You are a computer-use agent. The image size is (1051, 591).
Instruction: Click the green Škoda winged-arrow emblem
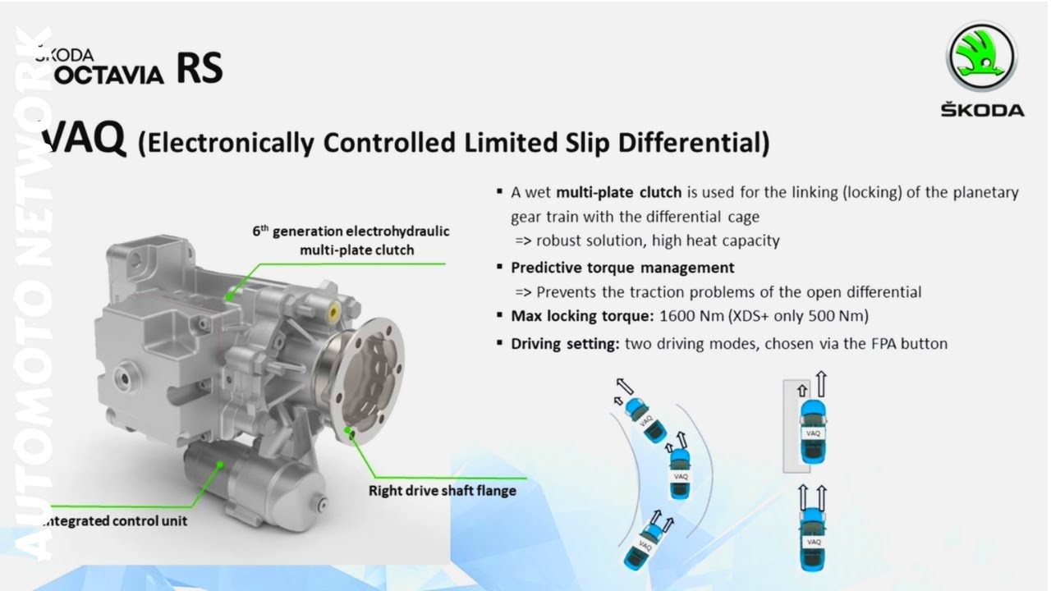[x=982, y=57]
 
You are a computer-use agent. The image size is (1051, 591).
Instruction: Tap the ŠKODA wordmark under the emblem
[x=982, y=110]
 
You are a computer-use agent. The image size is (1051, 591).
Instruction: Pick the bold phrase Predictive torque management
[x=622, y=268]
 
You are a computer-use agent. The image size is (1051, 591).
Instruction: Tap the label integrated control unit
[x=115, y=520]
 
